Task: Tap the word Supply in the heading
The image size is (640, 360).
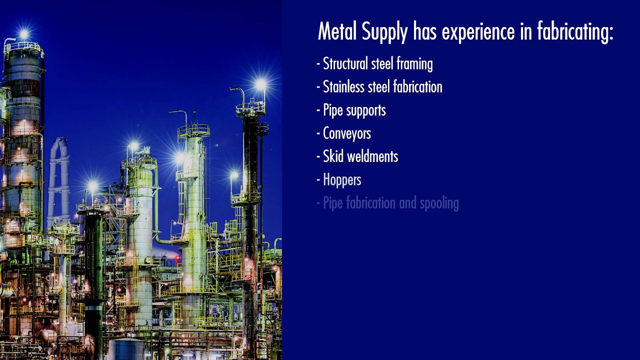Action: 383,32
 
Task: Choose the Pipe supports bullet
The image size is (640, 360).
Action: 354,110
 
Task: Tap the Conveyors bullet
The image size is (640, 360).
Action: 346,133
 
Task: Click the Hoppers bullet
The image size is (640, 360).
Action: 342,180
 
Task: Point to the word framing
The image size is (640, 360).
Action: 414,64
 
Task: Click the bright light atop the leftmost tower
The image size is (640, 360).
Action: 23,34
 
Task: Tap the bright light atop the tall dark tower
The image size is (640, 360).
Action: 260,84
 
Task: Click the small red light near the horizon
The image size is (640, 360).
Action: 177,258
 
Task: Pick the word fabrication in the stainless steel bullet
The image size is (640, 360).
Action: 417,87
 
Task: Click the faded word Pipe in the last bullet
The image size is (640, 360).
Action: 332,203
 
